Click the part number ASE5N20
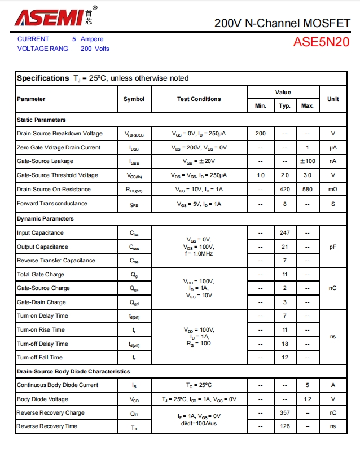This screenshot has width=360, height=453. pyautogui.click(x=321, y=42)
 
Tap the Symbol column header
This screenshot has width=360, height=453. pyautogui.click(x=134, y=99)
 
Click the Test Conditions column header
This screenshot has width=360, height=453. pyautogui.click(x=199, y=99)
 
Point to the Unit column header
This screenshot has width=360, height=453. pyautogui.click(x=333, y=99)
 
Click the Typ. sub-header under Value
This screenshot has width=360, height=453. pyautogui.click(x=284, y=106)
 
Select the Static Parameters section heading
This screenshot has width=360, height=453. pyautogui.click(x=41, y=120)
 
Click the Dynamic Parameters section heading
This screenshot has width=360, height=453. pyautogui.click(x=45, y=218)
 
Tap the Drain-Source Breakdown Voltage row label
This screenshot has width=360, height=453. pyautogui.click(x=60, y=134)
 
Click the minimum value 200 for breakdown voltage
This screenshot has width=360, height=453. pyautogui.click(x=260, y=134)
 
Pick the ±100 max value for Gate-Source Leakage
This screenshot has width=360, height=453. pyautogui.click(x=307, y=161)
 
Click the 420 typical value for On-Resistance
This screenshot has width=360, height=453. pyautogui.click(x=284, y=189)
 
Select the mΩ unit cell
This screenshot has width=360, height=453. pyautogui.click(x=333, y=189)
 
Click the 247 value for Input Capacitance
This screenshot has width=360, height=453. pyautogui.click(x=284, y=232)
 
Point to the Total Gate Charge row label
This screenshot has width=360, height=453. pyautogui.click(x=41, y=274)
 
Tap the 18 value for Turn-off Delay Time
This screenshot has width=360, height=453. pyautogui.click(x=284, y=344)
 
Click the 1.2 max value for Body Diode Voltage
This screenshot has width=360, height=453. pyautogui.click(x=307, y=399)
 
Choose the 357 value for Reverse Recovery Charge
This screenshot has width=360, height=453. pyautogui.click(x=284, y=412)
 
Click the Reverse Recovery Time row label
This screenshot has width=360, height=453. pyautogui.click(x=47, y=426)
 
